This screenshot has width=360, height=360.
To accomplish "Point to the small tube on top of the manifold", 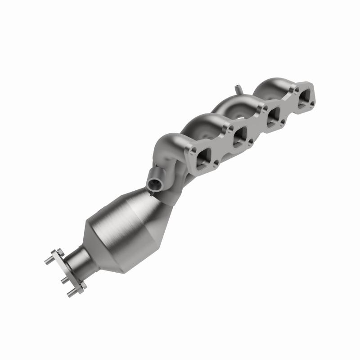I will [238, 89].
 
